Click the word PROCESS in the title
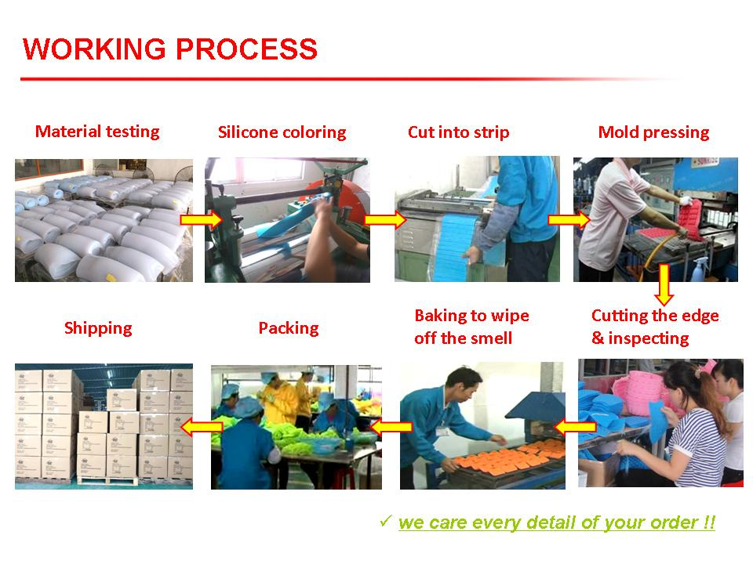pyautogui.click(x=246, y=49)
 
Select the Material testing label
pyautogui.click(x=97, y=132)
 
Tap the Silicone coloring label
pyautogui.click(x=282, y=132)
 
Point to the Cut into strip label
pyautogui.click(x=459, y=132)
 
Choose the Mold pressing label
pyautogui.click(x=653, y=132)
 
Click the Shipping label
pyautogui.click(x=98, y=328)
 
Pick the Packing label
pyautogui.click(x=289, y=328)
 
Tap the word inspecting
pyautogui.click(x=649, y=338)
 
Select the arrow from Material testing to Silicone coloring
pyautogui.click(x=202, y=220)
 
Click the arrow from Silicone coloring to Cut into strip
pyautogui.click(x=385, y=220)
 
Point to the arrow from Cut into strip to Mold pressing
pyautogui.click(x=569, y=219)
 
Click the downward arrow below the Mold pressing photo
pyautogui.click(x=664, y=284)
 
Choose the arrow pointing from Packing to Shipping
pyautogui.click(x=202, y=426)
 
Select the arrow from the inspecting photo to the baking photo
pyautogui.click(x=575, y=426)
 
